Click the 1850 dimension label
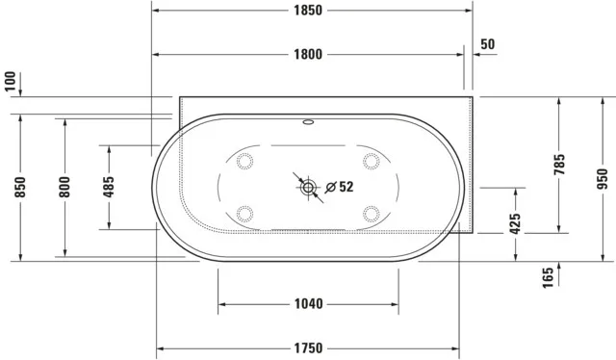pos(307,11)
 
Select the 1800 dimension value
pos(307,54)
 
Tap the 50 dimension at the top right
pos(487,44)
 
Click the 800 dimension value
pos(64,186)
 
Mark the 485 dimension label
pos(109,186)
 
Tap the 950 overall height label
pos(603,178)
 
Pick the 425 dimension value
pos(515,223)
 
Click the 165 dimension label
pos(547,279)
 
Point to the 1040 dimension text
pos(307,304)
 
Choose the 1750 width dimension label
pos(307,347)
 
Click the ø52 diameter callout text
pos(340,187)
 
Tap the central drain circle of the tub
pos(308,187)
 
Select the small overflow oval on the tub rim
pos(308,123)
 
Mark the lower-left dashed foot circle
pos(244,213)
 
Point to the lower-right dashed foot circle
pos(372,213)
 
